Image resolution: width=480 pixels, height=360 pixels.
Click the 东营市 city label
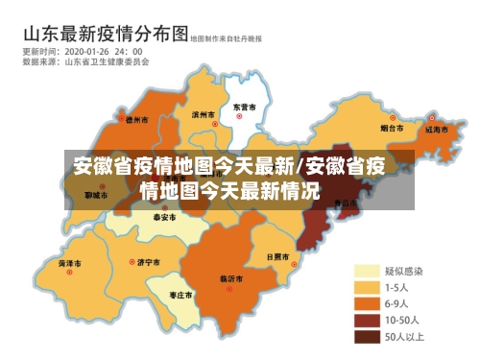coord(244,107)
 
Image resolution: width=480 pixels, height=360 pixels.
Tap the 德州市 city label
coord(137,121)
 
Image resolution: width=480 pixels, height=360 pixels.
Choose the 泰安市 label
coord(165,218)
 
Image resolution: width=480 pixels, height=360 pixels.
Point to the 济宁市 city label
coord(149,261)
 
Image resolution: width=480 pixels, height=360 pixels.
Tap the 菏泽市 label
coord(69,262)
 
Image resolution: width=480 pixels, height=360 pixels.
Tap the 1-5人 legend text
coord(397,287)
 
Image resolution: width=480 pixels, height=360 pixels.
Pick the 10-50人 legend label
coord(401,320)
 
